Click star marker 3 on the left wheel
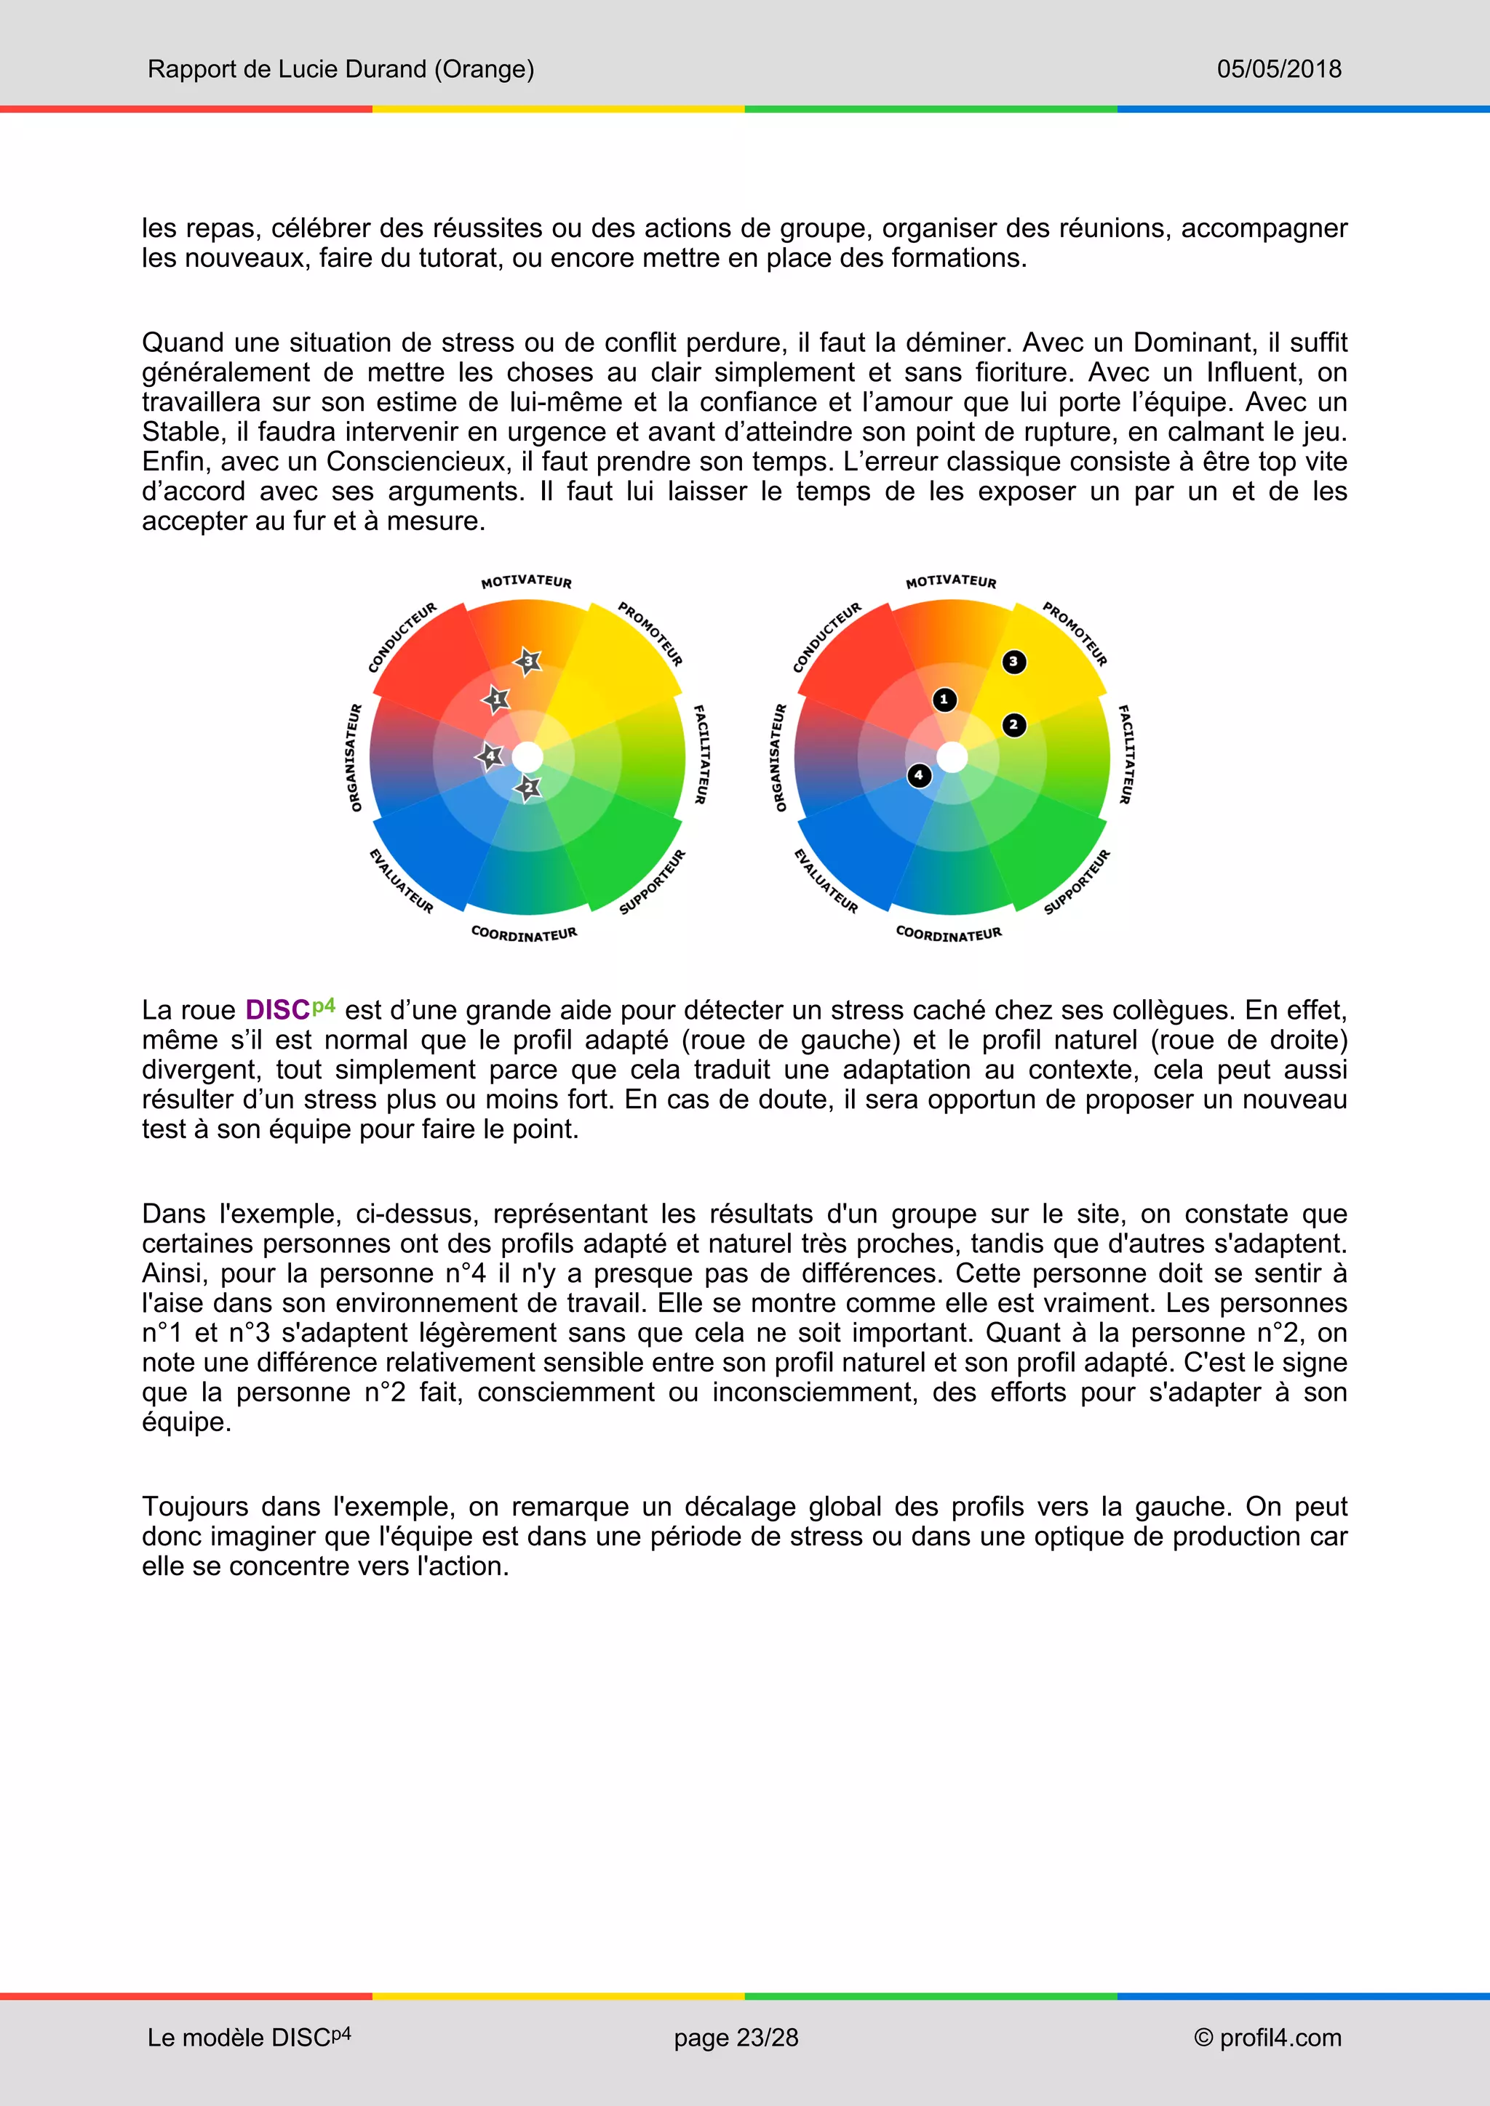[x=527, y=660]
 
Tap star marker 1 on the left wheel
[x=496, y=700]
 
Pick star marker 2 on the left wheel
[x=528, y=788]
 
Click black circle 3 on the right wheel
[x=1013, y=661]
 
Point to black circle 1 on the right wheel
[x=944, y=700]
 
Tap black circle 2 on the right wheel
[x=1013, y=724]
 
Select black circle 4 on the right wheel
[x=918, y=775]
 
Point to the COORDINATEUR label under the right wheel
[x=949, y=934]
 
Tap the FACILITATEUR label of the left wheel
[x=700, y=754]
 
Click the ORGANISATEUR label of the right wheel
[x=780, y=758]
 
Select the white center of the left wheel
[x=527, y=758]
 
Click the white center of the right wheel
[x=952, y=758]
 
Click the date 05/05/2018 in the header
[x=1278, y=69]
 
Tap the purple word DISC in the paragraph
[x=277, y=1010]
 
